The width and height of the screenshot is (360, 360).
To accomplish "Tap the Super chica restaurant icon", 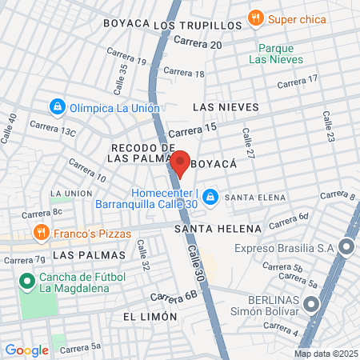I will [x=255, y=17].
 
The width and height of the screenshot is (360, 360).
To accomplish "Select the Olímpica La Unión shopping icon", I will [x=57, y=106].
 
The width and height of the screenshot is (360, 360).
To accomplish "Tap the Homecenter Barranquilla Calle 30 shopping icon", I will [x=210, y=197].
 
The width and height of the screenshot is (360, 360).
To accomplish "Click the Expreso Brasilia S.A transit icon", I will [x=347, y=248].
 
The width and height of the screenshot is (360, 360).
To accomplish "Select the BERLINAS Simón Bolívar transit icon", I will [x=312, y=304].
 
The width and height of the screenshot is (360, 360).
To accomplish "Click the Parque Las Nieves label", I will [x=276, y=54].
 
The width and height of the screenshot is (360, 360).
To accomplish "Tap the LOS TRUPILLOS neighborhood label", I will [x=196, y=25].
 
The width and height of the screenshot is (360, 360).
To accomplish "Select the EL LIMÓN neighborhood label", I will [x=150, y=317].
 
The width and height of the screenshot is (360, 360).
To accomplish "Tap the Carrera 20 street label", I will [x=197, y=42].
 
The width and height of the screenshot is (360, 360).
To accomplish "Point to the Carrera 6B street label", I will [x=173, y=296].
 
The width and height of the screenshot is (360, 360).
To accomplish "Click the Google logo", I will [x=26, y=350].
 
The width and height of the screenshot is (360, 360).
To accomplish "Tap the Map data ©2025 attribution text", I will [x=326, y=353].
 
